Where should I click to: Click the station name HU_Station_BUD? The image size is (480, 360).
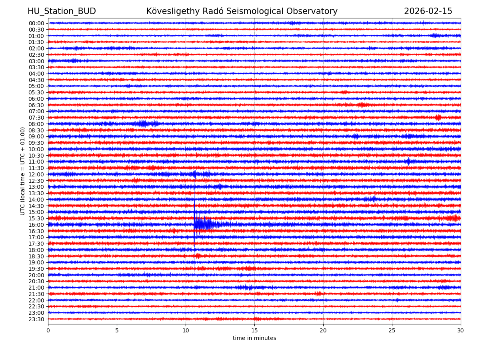click(62, 11)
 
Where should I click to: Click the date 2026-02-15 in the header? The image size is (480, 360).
click(428, 11)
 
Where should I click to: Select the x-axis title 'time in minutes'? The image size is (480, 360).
click(254, 338)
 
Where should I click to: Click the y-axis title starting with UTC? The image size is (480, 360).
click(23, 171)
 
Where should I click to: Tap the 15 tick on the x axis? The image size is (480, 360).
click(254, 331)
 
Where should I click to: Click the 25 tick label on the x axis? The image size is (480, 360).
click(392, 331)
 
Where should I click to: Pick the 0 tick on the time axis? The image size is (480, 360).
click(48, 331)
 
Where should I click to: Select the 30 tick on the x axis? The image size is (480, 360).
click(461, 331)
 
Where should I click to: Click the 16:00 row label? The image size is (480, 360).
click(36, 225)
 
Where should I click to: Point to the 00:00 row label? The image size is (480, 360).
click(36, 23)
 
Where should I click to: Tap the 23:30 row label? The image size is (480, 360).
click(36, 319)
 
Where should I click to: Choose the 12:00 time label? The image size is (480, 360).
click(36, 174)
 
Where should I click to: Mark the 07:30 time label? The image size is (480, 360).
click(36, 118)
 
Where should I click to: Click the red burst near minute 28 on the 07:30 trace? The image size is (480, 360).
click(438, 118)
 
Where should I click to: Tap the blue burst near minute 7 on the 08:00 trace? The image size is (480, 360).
click(144, 124)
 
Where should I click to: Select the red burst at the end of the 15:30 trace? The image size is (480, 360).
click(453, 218)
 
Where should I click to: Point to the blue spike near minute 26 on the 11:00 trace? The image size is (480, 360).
click(408, 162)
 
